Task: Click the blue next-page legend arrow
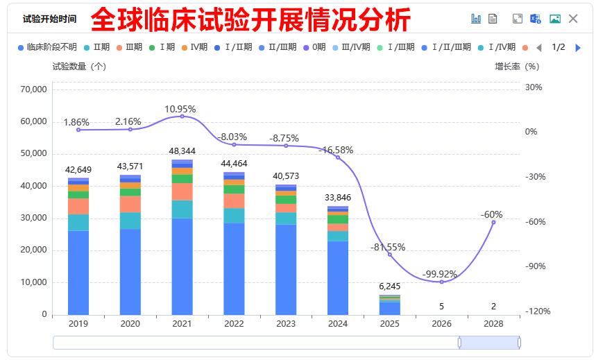(x=578, y=47)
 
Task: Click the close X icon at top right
(x=573, y=19)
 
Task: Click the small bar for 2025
(x=390, y=305)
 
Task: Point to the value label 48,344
(x=182, y=151)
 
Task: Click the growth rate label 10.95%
(x=180, y=109)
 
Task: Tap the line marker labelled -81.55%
(x=390, y=255)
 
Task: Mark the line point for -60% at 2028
(x=494, y=222)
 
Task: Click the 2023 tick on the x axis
(x=286, y=324)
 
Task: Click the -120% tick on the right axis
(x=538, y=311)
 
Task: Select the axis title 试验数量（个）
(x=79, y=67)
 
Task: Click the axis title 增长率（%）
(x=516, y=67)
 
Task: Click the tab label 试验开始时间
(x=50, y=19)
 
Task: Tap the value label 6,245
(x=390, y=286)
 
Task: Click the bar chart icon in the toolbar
(x=475, y=19)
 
